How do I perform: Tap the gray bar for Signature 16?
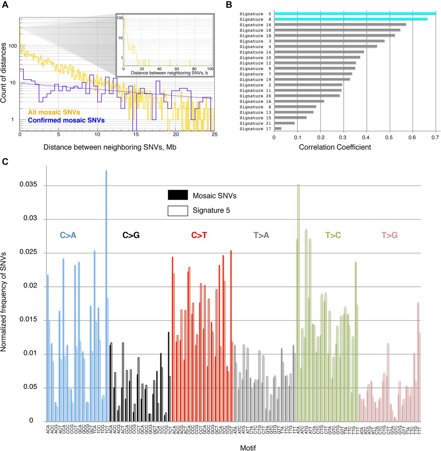[340, 25]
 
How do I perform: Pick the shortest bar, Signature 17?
[278, 129]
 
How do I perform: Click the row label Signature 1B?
[255, 36]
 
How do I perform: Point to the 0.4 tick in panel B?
[366, 137]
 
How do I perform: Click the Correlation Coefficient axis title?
[335, 147]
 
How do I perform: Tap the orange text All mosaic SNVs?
[54, 112]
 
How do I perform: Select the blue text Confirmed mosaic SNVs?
[66, 120]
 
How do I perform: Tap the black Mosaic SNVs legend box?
[178, 195]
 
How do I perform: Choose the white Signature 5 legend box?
[178, 210]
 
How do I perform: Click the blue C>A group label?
[68, 235]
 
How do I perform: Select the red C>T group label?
[199, 235]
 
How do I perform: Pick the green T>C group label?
[333, 235]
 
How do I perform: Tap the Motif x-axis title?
[248, 448]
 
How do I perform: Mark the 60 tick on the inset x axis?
[176, 69]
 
